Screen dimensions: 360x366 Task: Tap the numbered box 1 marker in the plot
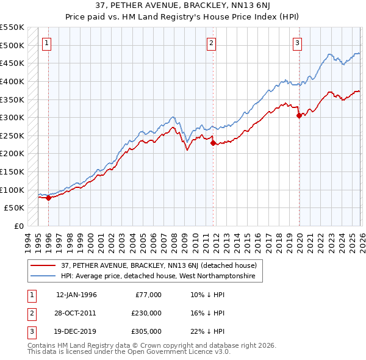(x=47, y=43)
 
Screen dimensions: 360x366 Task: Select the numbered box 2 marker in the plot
(x=211, y=43)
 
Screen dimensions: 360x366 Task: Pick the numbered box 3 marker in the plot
(x=297, y=43)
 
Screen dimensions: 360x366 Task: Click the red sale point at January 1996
(x=48, y=198)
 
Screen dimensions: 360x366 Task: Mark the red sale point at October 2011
(x=213, y=143)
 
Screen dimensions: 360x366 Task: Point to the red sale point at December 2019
(x=299, y=116)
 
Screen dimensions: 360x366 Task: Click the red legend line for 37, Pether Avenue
(x=43, y=265)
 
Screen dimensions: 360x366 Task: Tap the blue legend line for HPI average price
(x=43, y=276)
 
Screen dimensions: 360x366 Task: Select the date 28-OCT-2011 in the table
(x=76, y=313)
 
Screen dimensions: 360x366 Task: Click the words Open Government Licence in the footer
(x=168, y=352)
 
